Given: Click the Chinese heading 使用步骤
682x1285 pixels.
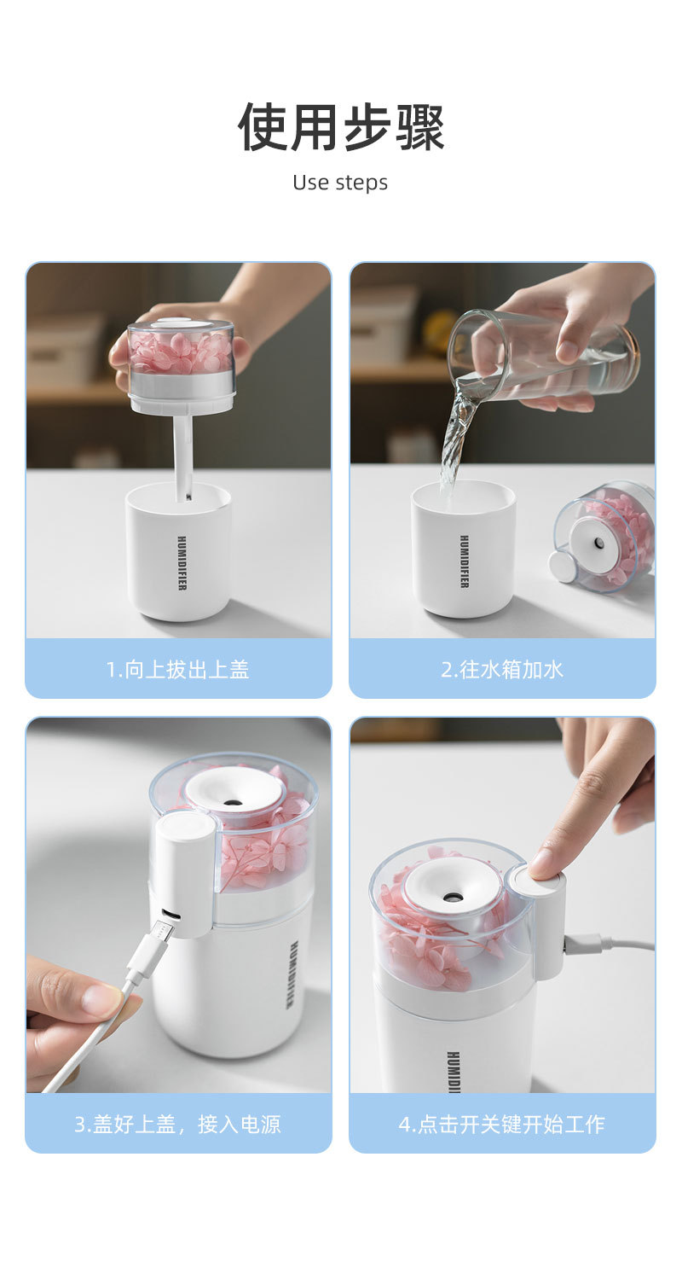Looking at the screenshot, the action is (x=341, y=127).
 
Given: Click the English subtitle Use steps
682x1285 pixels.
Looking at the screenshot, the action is (x=340, y=183).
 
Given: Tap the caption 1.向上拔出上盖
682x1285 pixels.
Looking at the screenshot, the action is (x=178, y=670).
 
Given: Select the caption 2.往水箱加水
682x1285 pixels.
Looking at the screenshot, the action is (x=502, y=670).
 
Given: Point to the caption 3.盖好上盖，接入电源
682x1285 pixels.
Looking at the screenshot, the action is (x=177, y=1125).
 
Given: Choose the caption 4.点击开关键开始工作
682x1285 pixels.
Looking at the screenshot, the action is (x=502, y=1125).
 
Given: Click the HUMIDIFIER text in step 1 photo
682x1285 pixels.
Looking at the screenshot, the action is (x=182, y=563).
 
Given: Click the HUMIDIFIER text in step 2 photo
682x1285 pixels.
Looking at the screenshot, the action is (x=465, y=561).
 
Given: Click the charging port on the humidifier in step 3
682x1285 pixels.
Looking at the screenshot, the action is (x=169, y=913).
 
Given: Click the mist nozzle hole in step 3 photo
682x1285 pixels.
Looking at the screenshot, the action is (x=232, y=802).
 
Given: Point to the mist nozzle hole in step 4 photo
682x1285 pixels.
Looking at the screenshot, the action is (x=451, y=895).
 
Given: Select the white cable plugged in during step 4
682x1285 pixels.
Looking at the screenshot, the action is (x=609, y=943).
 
